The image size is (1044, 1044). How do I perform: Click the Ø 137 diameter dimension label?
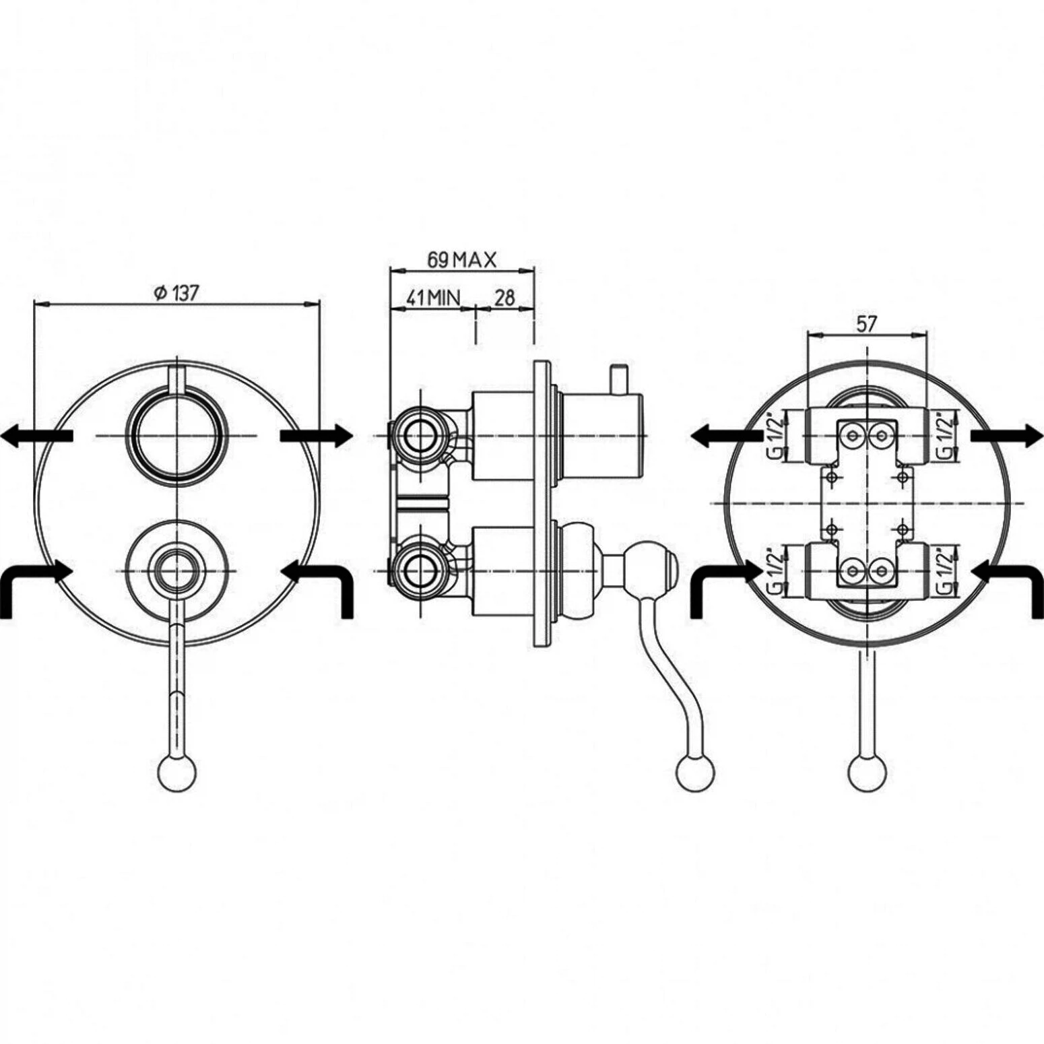tap(176, 293)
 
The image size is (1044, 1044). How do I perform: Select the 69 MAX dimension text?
tap(462, 259)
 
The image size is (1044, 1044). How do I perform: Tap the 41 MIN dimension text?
tap(433, 297)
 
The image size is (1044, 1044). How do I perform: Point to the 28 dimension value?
tap(504, 297)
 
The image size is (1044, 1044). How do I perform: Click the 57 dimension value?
tap(867, 324)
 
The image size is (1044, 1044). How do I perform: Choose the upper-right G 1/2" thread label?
tap(948, 436)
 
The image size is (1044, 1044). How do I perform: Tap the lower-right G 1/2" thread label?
tap(948, 572)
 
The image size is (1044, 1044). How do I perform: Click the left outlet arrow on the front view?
tap(36, 436)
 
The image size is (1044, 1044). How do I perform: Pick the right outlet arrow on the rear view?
tap(1007, 436)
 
